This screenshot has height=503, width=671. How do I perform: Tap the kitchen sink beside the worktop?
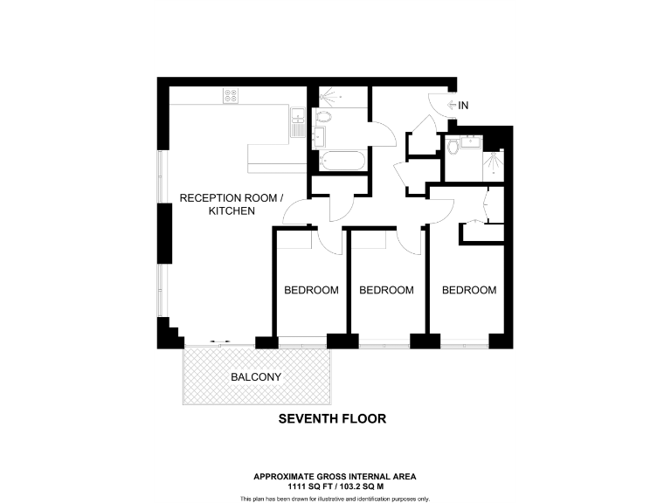[x=297, y=117]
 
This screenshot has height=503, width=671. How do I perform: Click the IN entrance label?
[x=463, y=105]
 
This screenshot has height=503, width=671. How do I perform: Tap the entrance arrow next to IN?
[x=451, y=105]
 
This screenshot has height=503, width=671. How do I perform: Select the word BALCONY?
[x=255, y=377]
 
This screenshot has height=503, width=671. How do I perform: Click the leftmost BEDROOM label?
[x=311, y=290]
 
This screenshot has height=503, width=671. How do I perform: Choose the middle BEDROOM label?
[x=386, y=290]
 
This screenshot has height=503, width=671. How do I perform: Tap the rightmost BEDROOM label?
[x=468, y=290]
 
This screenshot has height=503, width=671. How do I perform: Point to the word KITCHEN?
[x=232, y=211]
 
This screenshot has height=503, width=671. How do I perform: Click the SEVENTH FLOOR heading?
[x=332, y=418]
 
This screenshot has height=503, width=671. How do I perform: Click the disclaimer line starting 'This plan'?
[x=335, y=499]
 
